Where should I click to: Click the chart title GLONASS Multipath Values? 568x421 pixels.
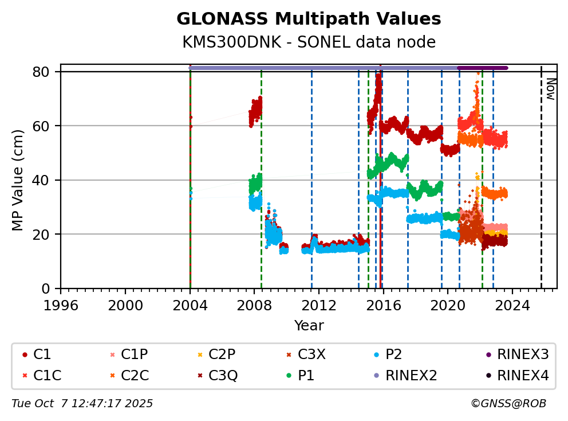coord(309,19)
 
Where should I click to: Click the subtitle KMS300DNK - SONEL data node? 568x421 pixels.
coord(309,42)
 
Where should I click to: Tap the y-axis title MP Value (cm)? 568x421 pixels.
coord(18,180)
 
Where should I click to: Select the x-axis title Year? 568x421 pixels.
coord(309,326)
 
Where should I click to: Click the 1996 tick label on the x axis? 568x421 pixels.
coord(61,305)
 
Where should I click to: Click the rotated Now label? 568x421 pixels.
coord(550,89)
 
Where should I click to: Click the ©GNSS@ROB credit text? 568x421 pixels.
coord(508,404)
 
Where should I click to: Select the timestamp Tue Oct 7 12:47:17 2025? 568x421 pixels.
coord(82,404)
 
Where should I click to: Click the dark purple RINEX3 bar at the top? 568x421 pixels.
coord(483,68)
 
